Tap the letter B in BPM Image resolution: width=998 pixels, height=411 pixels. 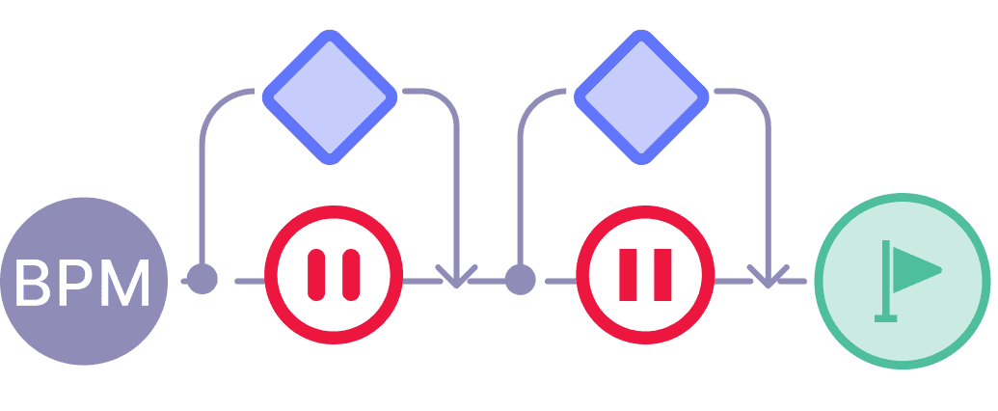(x=36, y=283)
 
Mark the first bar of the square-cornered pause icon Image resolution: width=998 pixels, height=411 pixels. (x=628, y=273)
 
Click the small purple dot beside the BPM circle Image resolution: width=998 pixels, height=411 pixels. (x=202, y=280)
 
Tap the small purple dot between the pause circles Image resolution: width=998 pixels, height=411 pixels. (x=520, y=280)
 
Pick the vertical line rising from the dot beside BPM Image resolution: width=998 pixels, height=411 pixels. (x=202, y=193)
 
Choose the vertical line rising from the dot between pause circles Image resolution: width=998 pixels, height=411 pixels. (x=520, y=193)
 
